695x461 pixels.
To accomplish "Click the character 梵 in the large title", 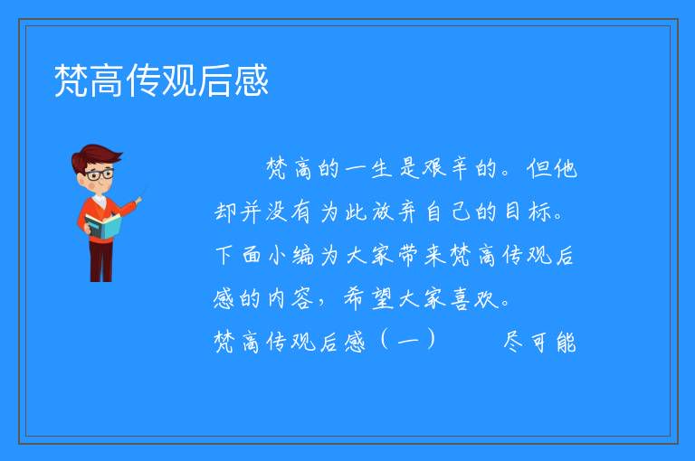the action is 71,80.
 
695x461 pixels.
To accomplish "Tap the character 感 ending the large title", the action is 252,80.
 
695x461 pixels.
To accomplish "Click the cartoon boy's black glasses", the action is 100,174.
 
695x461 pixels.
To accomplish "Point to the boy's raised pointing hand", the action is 138,201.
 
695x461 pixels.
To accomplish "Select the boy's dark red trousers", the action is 101,261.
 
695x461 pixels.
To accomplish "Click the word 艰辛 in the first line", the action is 444,169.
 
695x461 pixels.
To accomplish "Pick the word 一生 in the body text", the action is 368,169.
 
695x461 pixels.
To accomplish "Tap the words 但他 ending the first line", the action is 552,169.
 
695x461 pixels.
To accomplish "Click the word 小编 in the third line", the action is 290,256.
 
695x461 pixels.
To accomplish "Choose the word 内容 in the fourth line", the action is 290,298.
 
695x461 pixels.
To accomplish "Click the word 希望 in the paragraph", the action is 368,298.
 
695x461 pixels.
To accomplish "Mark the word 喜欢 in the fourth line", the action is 475,298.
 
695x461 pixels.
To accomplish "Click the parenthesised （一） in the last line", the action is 408,342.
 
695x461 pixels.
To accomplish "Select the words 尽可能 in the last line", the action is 540,342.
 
